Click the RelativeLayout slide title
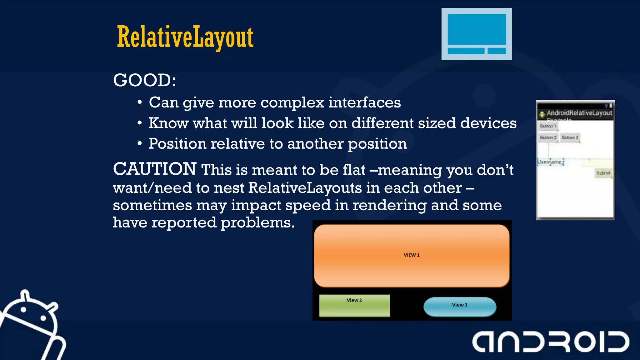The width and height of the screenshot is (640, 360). click(185, 37)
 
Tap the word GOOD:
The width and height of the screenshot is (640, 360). click(144, 80)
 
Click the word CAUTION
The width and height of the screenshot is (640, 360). click(154, 169)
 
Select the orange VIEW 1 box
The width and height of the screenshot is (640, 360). click(412, 255)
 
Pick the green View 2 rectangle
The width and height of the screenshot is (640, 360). click(354, 305)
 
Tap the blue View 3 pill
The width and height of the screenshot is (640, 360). click(459, 307)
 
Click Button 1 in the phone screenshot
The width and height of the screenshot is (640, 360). click(548, 126)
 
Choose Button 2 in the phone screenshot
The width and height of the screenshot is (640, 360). click(570, 137)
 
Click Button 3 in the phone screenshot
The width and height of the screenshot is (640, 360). click(548, 137)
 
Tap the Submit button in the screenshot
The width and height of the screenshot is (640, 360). click(603, 173)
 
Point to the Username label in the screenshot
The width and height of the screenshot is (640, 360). click(550, 162)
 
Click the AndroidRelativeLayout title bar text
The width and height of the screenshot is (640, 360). click(579, 113)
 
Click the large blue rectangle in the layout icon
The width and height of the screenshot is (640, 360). click(477, 29)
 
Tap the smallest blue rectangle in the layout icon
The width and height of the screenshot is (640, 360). click(497, 51)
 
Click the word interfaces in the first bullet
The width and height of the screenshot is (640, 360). click(364, 102)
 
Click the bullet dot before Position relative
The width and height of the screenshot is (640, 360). click(140, 144)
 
